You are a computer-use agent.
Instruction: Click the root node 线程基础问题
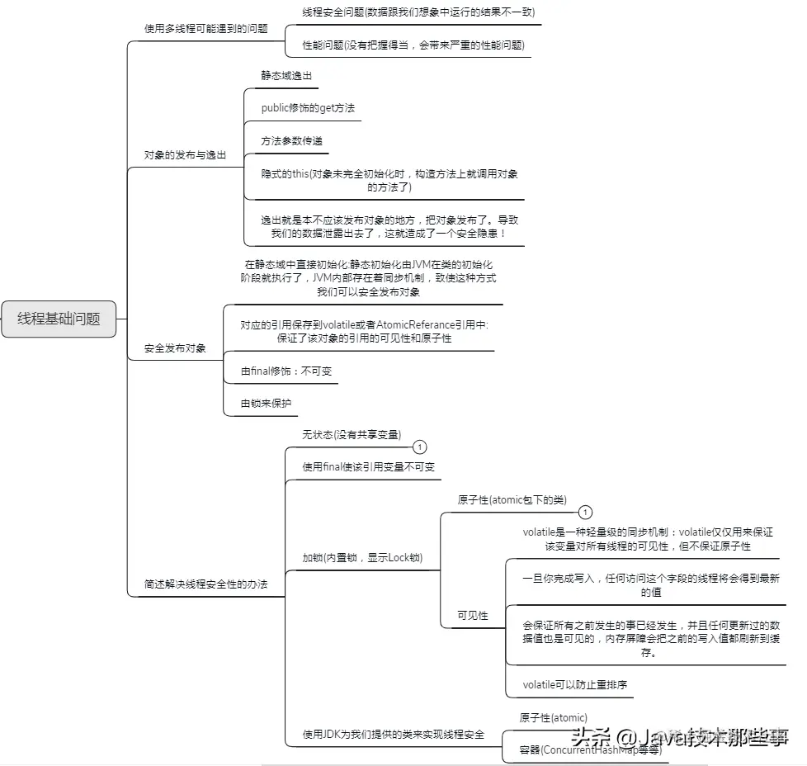(59, 319)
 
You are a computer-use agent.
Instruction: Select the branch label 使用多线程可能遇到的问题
(205, 28)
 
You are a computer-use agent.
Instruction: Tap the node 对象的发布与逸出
(185, 154)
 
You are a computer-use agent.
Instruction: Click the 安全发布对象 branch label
(175, 348)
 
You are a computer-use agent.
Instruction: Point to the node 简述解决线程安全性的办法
(205, 584)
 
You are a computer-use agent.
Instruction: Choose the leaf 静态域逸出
(286, 75)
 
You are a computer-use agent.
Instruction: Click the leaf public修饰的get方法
(308, 108)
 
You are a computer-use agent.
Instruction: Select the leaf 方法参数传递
(291, 141)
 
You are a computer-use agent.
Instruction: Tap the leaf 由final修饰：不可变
(286, 371)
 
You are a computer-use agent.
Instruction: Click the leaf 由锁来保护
(266, 404)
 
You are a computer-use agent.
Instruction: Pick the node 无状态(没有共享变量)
(352, 434)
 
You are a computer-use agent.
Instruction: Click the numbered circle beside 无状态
(420, 447)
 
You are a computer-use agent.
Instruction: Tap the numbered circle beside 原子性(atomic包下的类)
(585, 512)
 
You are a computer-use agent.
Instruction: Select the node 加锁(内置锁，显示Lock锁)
(362, 558)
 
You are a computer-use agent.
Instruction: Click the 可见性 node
(473, 616)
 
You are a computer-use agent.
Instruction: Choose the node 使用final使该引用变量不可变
(368, 466)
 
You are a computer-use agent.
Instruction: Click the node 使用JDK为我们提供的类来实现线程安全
(393, 734)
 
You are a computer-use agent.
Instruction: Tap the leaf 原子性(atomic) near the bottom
(553, 717)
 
